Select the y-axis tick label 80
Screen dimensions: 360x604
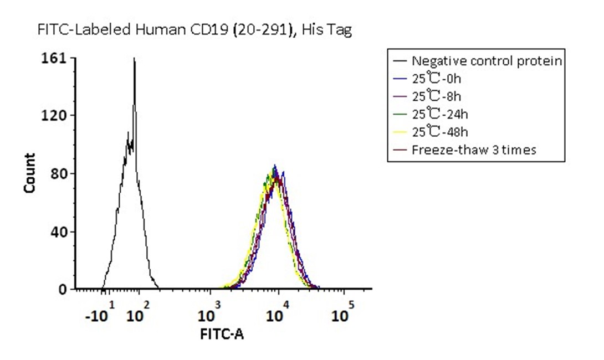[x=59, y=173]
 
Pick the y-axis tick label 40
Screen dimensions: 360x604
[x=59, y=232]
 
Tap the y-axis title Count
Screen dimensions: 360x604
[x=29, y=173]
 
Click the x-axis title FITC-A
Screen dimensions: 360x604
[x=222, y=334]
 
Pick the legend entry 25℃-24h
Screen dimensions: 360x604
[x=439, y=114]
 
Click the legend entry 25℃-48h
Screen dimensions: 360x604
[x=439, y=132]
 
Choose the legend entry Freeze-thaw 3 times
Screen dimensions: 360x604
[x=474, y=150]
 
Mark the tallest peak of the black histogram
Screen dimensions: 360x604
[x=134, y=59]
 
